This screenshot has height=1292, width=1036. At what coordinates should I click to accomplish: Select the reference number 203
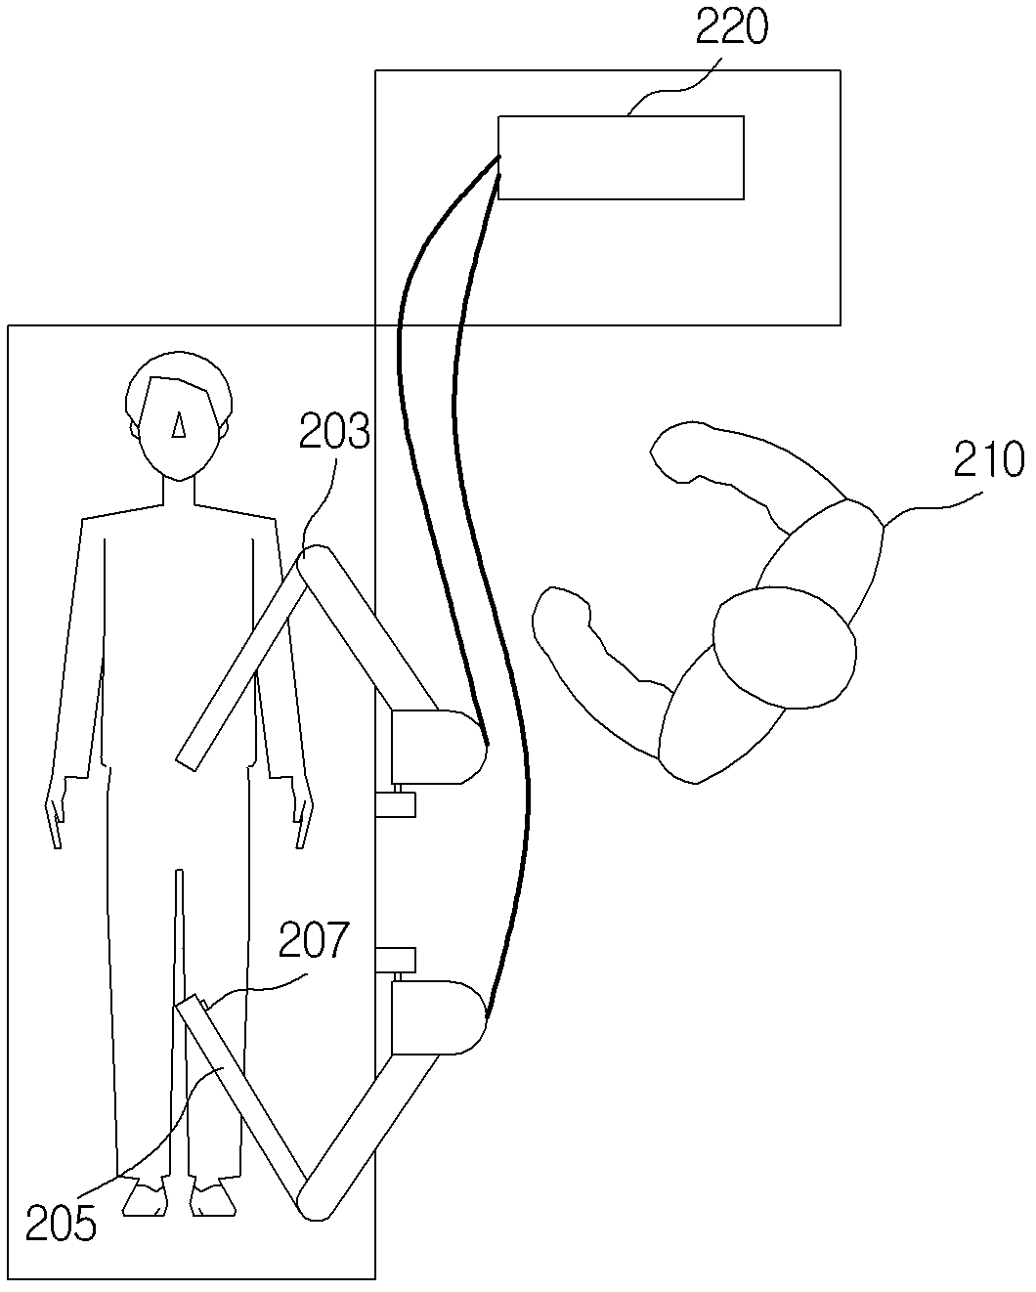(334, 431)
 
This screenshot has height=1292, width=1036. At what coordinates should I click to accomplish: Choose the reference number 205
(61, 1222)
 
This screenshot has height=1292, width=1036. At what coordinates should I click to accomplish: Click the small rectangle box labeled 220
(621, 157)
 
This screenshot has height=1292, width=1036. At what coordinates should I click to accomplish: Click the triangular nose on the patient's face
(178, 424)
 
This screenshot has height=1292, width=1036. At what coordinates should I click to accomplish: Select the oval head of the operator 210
(785, 646)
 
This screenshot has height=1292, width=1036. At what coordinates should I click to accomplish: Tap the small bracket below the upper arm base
(396, 804)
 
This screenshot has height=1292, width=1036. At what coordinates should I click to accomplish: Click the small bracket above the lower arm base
(396, 961)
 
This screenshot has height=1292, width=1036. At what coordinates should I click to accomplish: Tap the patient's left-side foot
(145, 1199)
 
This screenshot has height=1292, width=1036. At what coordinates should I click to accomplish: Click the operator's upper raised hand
(679, 450)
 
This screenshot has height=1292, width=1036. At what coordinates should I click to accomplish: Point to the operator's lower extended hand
(562, 611)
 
